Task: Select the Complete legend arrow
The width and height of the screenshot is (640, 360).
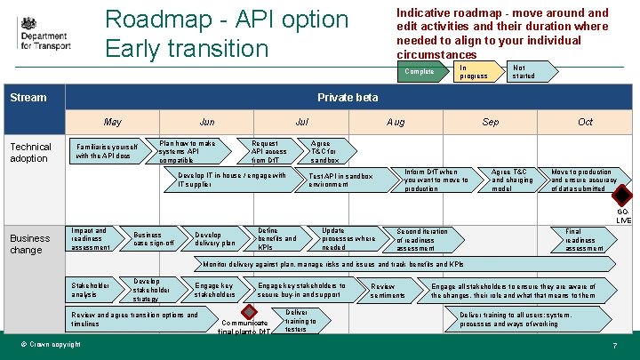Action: tap(420, 71)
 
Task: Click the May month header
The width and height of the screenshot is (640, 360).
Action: tap(113, 122)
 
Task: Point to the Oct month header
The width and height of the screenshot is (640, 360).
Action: tap(585, 122)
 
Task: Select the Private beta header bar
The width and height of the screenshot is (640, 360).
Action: tap(348, 97)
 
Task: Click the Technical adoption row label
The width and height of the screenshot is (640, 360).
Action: tap(31, 153)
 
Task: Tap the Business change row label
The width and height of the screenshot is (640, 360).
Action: tap(30, 244)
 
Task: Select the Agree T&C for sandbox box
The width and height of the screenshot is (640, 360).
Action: tap(325, 151)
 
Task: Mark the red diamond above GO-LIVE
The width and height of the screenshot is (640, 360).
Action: tap(622, 196)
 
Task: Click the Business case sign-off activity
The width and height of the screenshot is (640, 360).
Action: tap(153, 238)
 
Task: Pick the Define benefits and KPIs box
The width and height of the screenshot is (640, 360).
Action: tap(278, 238)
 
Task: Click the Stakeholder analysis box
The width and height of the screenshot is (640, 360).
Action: tap(92, 290)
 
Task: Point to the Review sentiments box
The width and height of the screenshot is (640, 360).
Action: tap(388, 291)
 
